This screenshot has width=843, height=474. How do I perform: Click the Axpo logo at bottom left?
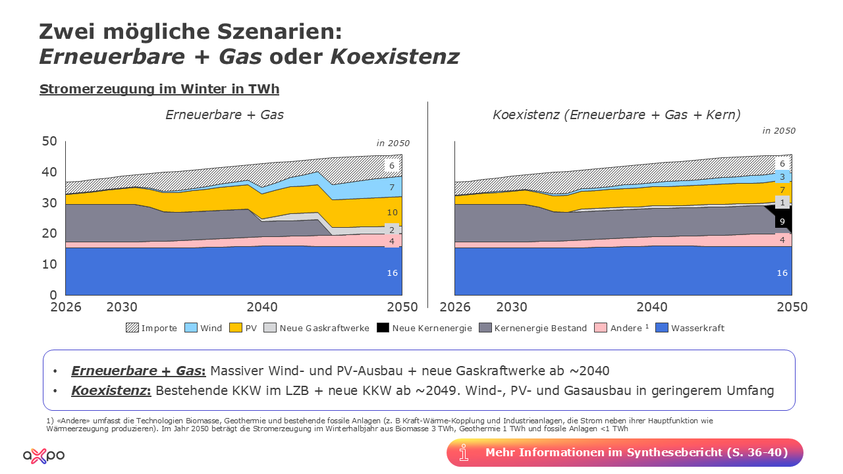coord(43,455)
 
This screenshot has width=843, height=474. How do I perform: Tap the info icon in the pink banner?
coord(464,452)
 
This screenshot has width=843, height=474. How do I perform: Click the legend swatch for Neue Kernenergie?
coord(383,328)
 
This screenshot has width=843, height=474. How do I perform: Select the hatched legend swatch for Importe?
coord(132,328)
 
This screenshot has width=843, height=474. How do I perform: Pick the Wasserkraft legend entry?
coord(697,328)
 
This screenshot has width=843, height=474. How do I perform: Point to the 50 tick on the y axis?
coord(49,141)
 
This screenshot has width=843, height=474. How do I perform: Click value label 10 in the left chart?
coord(392,213)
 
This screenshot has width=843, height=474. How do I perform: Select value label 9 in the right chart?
coord(782,222)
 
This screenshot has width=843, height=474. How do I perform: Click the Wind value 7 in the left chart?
coord(392,188)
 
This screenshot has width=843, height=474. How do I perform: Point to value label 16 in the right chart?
coord(782,273)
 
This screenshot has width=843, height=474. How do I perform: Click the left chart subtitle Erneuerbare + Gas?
coord(225,115)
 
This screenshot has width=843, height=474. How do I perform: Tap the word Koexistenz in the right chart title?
coord(525,115)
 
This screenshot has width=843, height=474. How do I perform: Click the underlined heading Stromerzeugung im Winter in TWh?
coord(159,89)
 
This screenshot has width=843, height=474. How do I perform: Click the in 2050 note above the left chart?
coord(393,143)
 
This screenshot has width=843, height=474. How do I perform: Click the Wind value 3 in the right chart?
coord(782,177)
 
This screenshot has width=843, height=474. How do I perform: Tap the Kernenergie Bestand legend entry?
coord(540,328)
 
